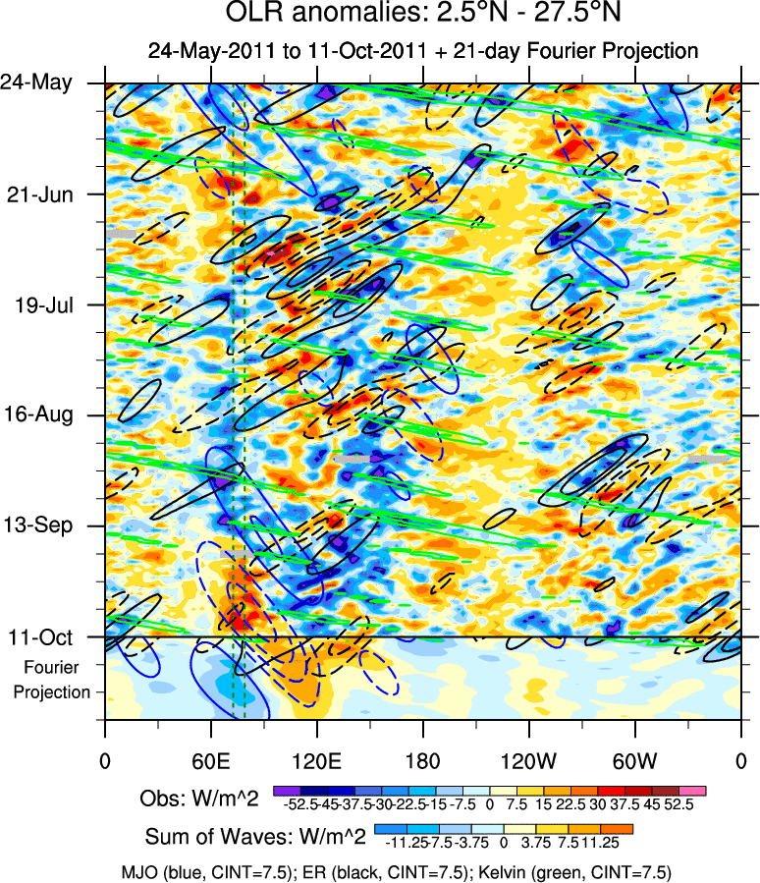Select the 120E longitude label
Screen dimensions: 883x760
coord(316,760)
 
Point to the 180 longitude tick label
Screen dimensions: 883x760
coord(422,760)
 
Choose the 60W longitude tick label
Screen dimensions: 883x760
coord(634,760)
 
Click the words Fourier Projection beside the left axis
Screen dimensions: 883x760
coord(51,680)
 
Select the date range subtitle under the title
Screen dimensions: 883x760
coord(422,51)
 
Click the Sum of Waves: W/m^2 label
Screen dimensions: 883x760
coord(255,837)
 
